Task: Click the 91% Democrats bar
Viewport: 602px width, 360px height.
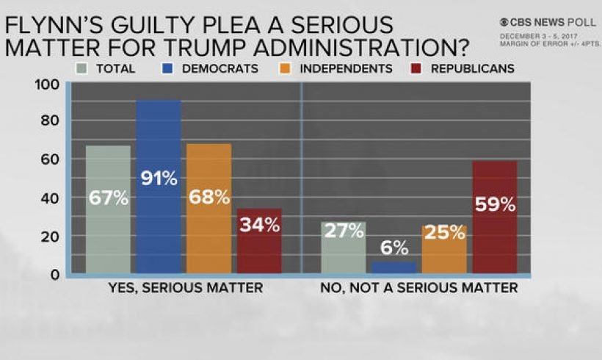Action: click(x=158, y=187)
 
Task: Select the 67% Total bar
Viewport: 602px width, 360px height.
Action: click(x=108, y=209)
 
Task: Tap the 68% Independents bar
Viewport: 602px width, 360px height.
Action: click(x=208, y=209)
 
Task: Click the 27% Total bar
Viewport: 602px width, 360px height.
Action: click(x=344, y=248)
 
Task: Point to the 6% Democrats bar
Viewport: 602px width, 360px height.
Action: click(x=394, y=267)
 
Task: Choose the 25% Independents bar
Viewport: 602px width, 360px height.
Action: click(x=444, y=249)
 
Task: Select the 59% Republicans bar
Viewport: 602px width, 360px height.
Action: click(x=494, y=217)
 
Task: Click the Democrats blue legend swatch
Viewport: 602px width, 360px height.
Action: click(x=166, y=68)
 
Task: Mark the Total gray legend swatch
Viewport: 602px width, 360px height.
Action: click(x=82, y=68)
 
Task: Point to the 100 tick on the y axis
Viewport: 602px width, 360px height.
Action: click(x=46, y=84)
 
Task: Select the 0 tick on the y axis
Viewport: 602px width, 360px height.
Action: click(x=55, y=275)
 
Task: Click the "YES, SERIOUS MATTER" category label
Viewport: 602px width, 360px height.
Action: click(x=184, y=288)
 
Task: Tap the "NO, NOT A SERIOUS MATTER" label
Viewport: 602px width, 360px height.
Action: click(x=419, y=288)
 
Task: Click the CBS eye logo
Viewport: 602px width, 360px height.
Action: click(x=504, y=23)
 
